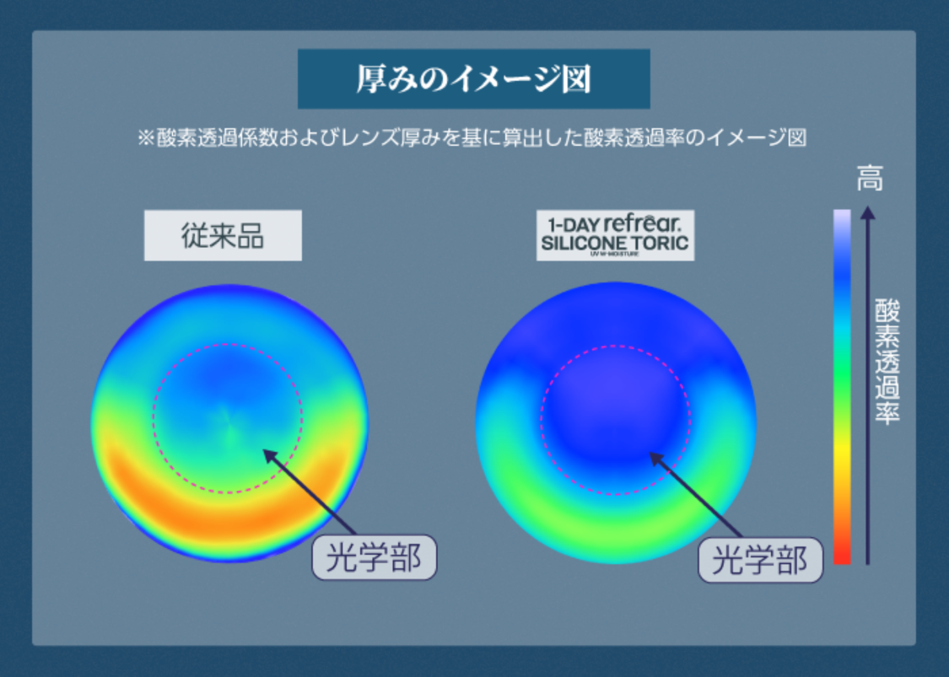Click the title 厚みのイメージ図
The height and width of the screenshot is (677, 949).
tap(473, 78)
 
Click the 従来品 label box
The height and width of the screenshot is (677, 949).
tap(223, 235)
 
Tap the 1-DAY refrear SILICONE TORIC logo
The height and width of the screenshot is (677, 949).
tap(615, 235)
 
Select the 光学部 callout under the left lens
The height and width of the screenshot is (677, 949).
tap(375, 557)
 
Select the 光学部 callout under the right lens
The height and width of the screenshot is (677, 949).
tap(760, 560)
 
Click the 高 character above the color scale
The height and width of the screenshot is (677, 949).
tap(870, 179)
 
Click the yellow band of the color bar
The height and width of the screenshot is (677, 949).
tap(842, 455)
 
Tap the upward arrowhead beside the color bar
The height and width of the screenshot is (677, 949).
tap(868, 214)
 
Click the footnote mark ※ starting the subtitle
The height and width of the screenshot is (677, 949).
tap(144, 138)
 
